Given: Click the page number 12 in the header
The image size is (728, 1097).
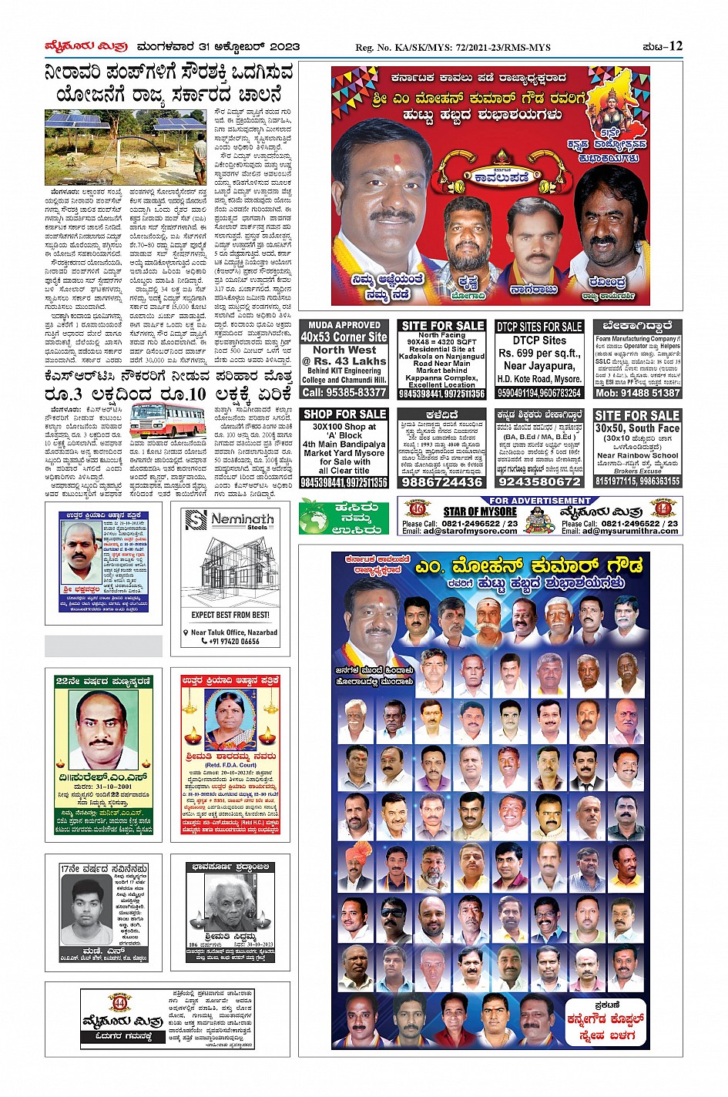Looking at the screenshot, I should coord(676,46).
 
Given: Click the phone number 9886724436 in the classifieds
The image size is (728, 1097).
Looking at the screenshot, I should coord(442,481).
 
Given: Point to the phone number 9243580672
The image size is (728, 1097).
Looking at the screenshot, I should coord(539,481).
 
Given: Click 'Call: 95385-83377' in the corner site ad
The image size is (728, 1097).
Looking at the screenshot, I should coord(344,392).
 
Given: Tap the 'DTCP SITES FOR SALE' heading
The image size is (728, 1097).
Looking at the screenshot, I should coord(539,327).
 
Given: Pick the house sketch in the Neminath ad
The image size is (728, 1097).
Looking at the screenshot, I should coord(230,569).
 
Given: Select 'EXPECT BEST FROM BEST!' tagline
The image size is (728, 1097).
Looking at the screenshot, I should coord(230,616).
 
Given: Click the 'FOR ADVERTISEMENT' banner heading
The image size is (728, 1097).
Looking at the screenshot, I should coord(539,501).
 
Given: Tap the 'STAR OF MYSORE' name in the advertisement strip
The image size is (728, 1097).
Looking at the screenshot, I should coord(480,512).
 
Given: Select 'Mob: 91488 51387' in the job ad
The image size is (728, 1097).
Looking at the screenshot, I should coord(637,393).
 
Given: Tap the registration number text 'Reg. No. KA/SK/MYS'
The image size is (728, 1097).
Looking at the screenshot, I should coord(453,48).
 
